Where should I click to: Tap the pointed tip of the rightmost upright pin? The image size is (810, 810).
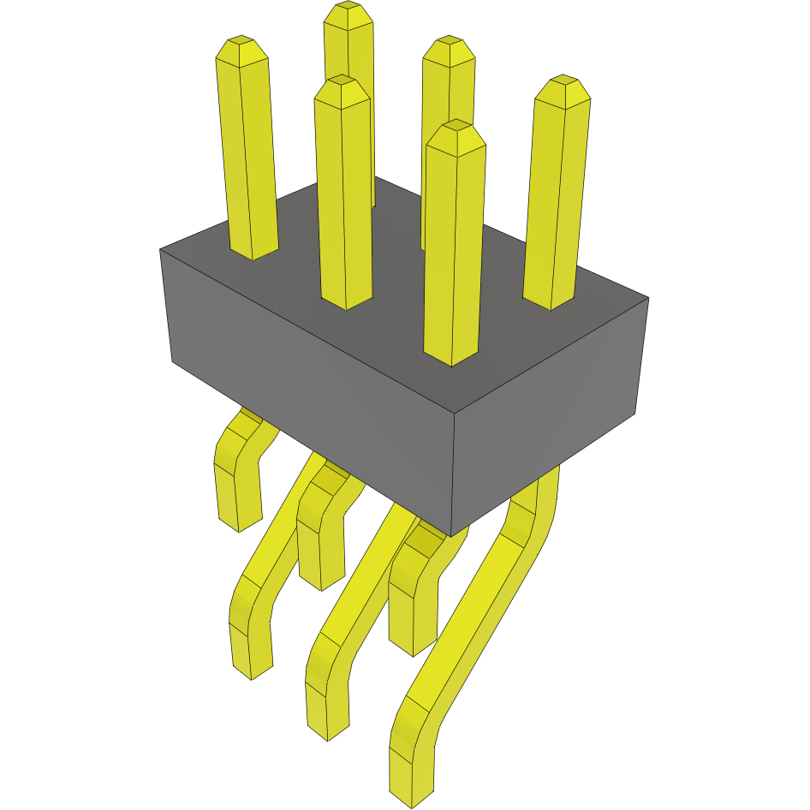[563, 80]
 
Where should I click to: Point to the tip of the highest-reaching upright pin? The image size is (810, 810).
[348, 7]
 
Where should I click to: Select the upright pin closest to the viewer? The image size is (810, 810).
[454, 248]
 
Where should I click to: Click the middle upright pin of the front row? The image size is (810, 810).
[344, 197]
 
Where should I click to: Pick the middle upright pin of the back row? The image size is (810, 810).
[447, 128]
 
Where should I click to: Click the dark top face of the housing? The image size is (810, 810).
[402, 283]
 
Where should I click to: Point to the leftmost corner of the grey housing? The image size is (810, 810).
[160, 250]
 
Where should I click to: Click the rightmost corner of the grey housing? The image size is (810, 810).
[648, 298]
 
